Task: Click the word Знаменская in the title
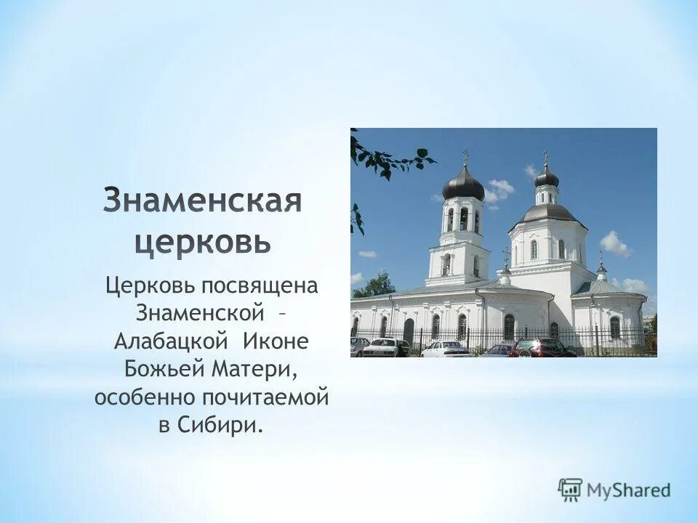pos(202,200)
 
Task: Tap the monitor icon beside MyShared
pos(571,490)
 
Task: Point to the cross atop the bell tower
pos(465,156)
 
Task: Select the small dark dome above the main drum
pos(547,177)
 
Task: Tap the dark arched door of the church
pos(408,331)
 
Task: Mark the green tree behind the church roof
pos(375,285)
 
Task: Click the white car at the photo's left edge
pos(358,346)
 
